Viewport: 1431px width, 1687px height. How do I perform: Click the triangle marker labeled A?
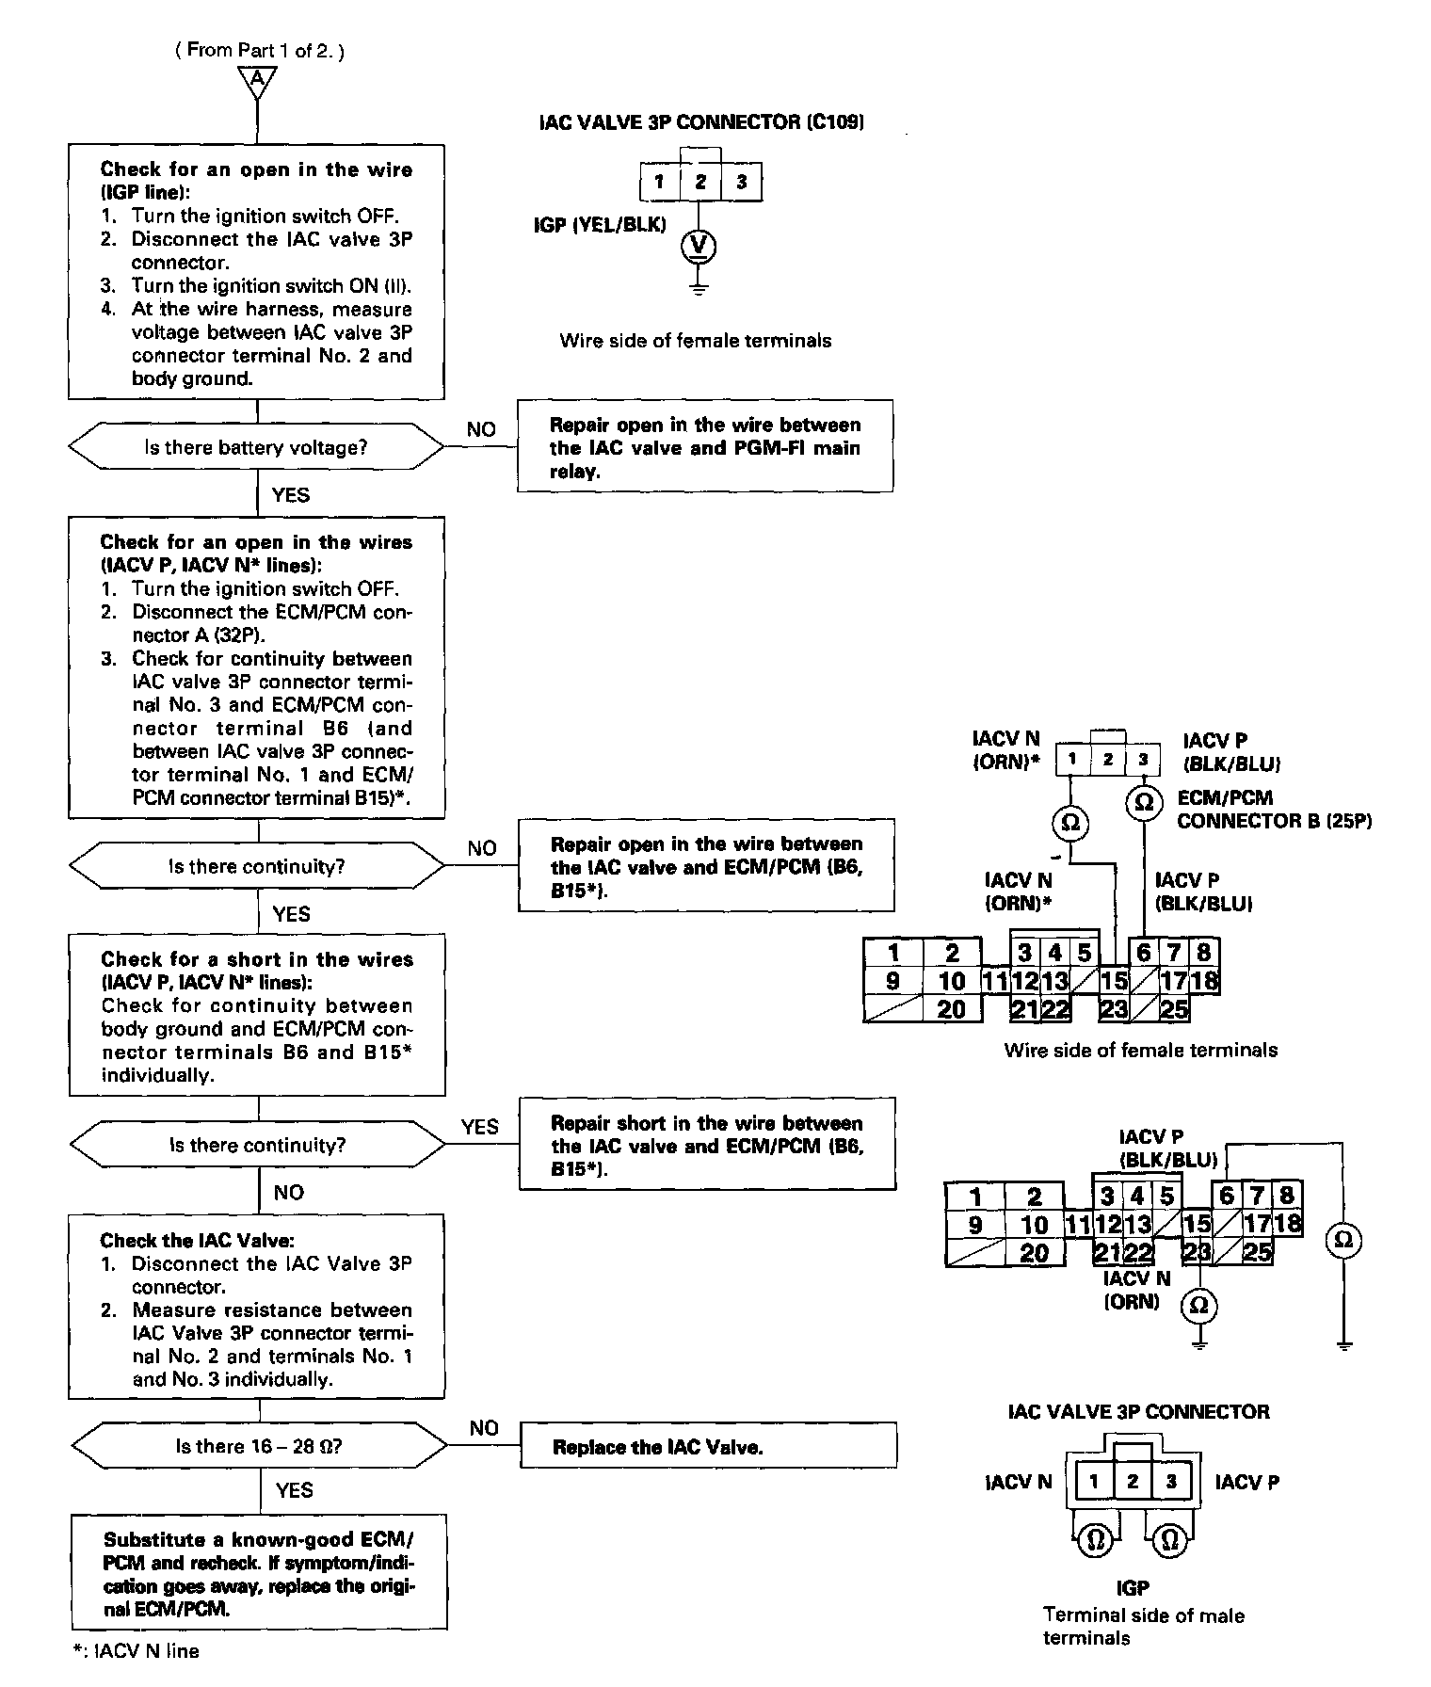[x=257, y=80]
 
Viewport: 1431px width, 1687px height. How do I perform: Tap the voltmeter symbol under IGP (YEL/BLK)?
[x=699, y=247]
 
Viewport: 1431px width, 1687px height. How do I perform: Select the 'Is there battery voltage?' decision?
[x=256, y=447]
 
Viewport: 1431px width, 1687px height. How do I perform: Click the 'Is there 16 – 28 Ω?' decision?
[x=258, y=1446]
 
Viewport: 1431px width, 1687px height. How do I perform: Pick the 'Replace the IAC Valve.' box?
[x=707, y=1447]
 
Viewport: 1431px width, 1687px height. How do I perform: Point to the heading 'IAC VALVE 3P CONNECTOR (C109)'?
[x=701, y=122]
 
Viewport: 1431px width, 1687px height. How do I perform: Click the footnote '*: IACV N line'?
[x=136, y=1650]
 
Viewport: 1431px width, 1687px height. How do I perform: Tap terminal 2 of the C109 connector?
[x=700, y=182]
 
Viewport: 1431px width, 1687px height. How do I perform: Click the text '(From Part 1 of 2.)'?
[x=259, y=50]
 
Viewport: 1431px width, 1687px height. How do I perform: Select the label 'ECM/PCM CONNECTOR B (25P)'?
[x=1273, y=810]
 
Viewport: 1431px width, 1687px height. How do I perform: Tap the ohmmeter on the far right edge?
[x=1343, y=1240]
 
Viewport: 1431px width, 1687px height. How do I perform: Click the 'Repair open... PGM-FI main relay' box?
[x=705, y=447]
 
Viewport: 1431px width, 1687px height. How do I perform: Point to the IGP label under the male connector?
[x=1132, y=1587]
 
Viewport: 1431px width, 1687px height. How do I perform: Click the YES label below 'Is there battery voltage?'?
[x=290, y=494]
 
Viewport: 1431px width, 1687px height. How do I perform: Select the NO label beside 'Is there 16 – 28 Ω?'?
[x=483, y=1428]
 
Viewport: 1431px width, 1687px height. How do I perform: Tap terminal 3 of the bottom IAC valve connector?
[x=1171, y=1481]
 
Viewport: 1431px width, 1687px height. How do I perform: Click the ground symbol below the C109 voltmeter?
[x=699, y=288]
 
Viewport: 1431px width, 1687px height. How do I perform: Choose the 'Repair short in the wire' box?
[x=707, y=1145]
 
